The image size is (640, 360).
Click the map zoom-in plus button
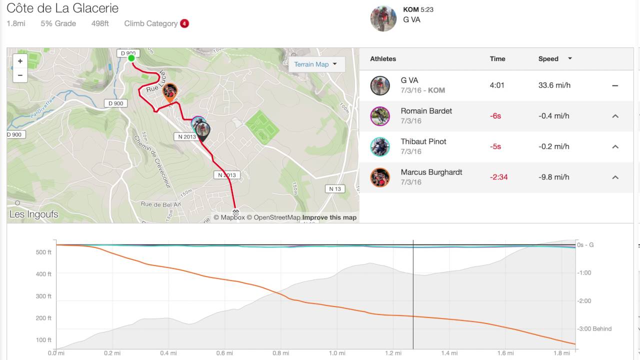(x=20, y=61)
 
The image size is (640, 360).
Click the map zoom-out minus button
(x=20, y=75)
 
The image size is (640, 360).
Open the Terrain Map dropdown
(x=315, y=64)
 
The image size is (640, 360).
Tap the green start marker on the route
(x=131, y=58)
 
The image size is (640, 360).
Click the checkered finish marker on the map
(x=236, y=212)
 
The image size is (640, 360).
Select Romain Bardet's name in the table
(x=426, y=111)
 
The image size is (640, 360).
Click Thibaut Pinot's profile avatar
(x=380, y=146)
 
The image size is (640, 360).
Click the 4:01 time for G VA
(x=497, y=85)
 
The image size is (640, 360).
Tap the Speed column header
(x=548, y=59)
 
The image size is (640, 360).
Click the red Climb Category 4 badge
(x=184, y=23)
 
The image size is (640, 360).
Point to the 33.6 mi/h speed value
(x=554, y=85)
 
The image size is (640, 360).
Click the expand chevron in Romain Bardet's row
(x=615, y=116)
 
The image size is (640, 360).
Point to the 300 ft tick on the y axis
(x=43, y=296)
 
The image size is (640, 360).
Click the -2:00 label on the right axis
(x=584, y=301)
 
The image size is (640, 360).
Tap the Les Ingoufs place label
(x=34, y=214)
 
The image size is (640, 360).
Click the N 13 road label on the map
(x=335, y=189)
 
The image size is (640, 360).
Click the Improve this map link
(x=329, y=217)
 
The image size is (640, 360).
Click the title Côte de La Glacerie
(x=62, y=8)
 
